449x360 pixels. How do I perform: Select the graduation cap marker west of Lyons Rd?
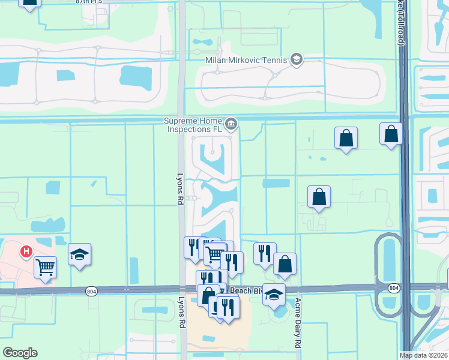79,254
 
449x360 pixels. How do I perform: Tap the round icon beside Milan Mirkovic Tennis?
296,59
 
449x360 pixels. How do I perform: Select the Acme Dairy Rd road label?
297,324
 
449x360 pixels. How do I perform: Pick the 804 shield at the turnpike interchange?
393,288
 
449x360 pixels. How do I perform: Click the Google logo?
20,353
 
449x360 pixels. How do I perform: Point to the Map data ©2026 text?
424,355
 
